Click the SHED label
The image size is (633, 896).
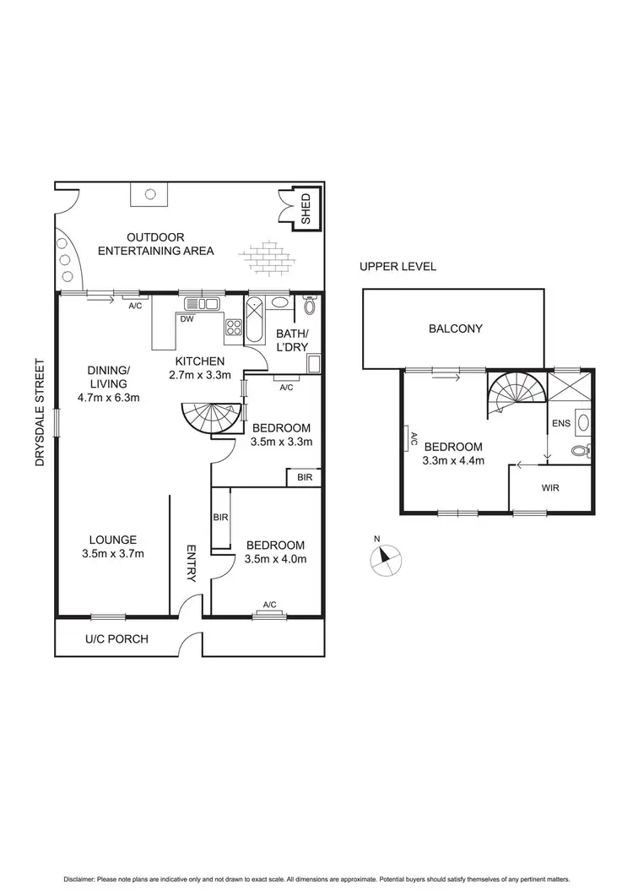click(305, 210)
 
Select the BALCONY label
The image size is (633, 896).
click(454, 329)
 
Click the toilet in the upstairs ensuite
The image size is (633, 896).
click(580, 451)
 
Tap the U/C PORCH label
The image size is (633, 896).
click(116, 638)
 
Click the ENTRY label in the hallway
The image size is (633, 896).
click(191, 562)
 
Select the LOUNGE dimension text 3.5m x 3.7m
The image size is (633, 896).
click(113, 554)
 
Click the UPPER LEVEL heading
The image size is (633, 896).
click(398, 267)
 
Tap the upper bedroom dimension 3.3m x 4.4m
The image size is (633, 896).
click(452, 461)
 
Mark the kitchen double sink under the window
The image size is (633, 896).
click(202, 304)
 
